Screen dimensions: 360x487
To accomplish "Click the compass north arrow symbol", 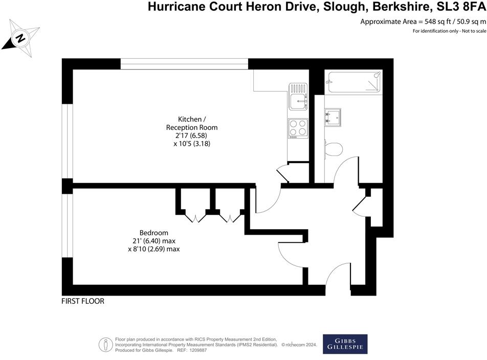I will point(20,36).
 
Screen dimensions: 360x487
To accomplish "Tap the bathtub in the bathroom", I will point(354,82).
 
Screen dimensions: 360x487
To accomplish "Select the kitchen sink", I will point(297,97).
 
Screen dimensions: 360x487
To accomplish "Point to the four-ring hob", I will point(297,128).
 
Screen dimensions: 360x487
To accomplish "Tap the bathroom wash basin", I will point(333,116).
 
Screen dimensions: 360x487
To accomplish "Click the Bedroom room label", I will point(153,233).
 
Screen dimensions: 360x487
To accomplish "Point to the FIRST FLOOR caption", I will point(83,301).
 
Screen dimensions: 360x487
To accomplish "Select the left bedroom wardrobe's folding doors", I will point(195,218).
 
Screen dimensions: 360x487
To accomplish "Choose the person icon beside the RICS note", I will point(106,344).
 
